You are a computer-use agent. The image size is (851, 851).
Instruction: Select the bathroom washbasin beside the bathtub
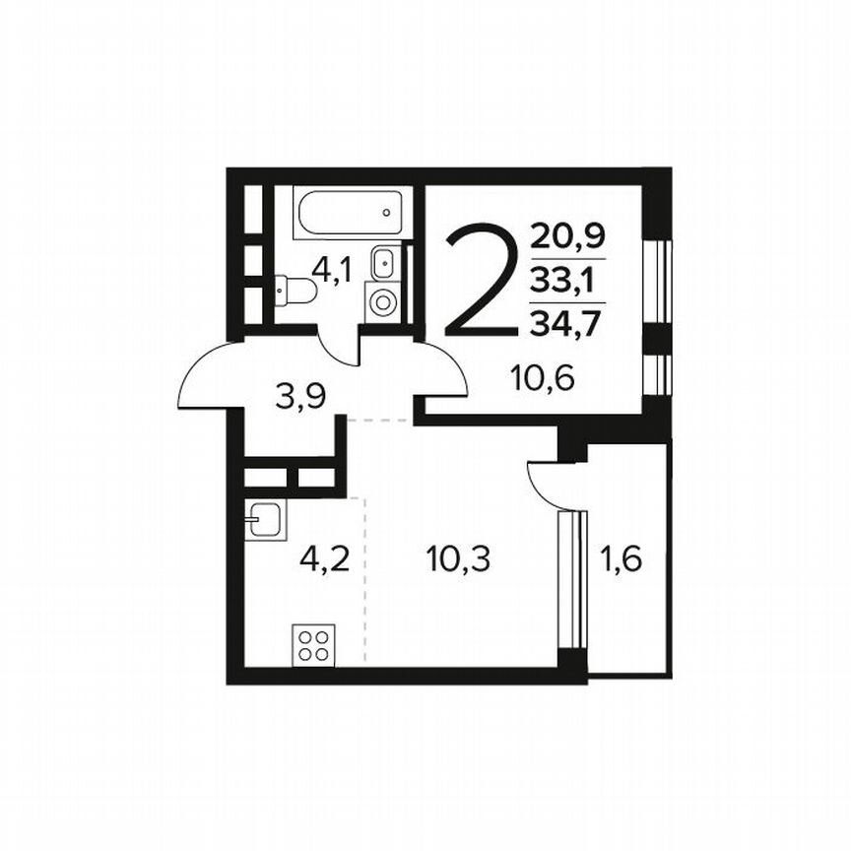coord(383,263)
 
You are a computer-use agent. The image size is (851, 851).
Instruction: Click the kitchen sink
coord(265,518)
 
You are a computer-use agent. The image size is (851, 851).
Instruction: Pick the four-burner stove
coord(315,645)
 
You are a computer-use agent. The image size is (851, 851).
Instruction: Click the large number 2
coord(481,282)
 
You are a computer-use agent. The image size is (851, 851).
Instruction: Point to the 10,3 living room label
coord(458,558)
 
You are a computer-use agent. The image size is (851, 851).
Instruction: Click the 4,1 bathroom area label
coord(333,269)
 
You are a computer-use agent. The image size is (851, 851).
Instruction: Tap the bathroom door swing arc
coord(338,355)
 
